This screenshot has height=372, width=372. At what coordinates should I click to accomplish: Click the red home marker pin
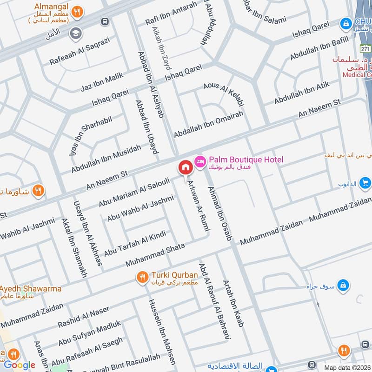pyautogui.click(x=185, y=167)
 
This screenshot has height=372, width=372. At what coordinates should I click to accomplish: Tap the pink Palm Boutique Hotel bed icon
pyautogui.click(x=199, y=160)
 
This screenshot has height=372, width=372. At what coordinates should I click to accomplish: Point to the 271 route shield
pyautogui.click(x=365, y=48)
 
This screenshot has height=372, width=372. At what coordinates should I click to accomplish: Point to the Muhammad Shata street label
pyautogui.click(x=155, y=255)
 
